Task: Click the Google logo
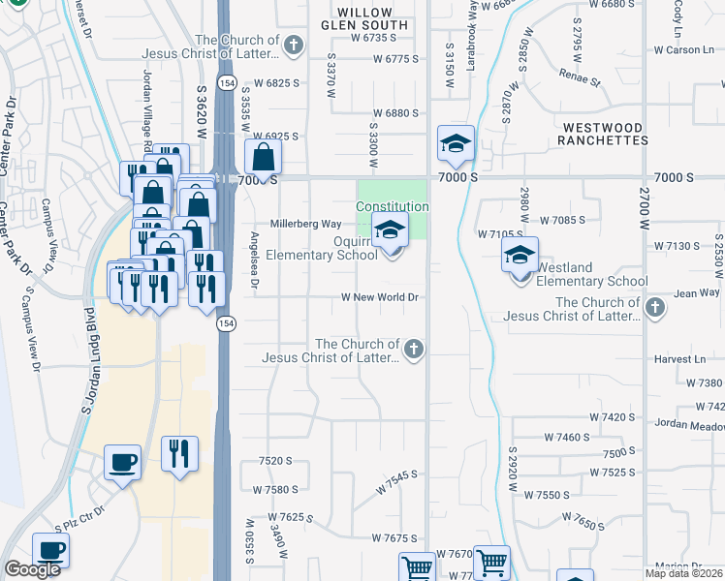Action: click(32, 569)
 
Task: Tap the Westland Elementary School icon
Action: click(520, 259)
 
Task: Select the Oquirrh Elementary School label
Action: click(331, 249)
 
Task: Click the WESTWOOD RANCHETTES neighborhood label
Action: click(602, 134)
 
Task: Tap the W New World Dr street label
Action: click(379, 297)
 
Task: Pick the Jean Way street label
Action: click(698, 291)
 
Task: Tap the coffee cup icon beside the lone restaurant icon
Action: click(122, 462)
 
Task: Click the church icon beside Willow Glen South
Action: click(293, 46)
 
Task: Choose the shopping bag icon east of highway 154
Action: click(263, 157)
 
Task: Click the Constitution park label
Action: click(392, 206)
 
